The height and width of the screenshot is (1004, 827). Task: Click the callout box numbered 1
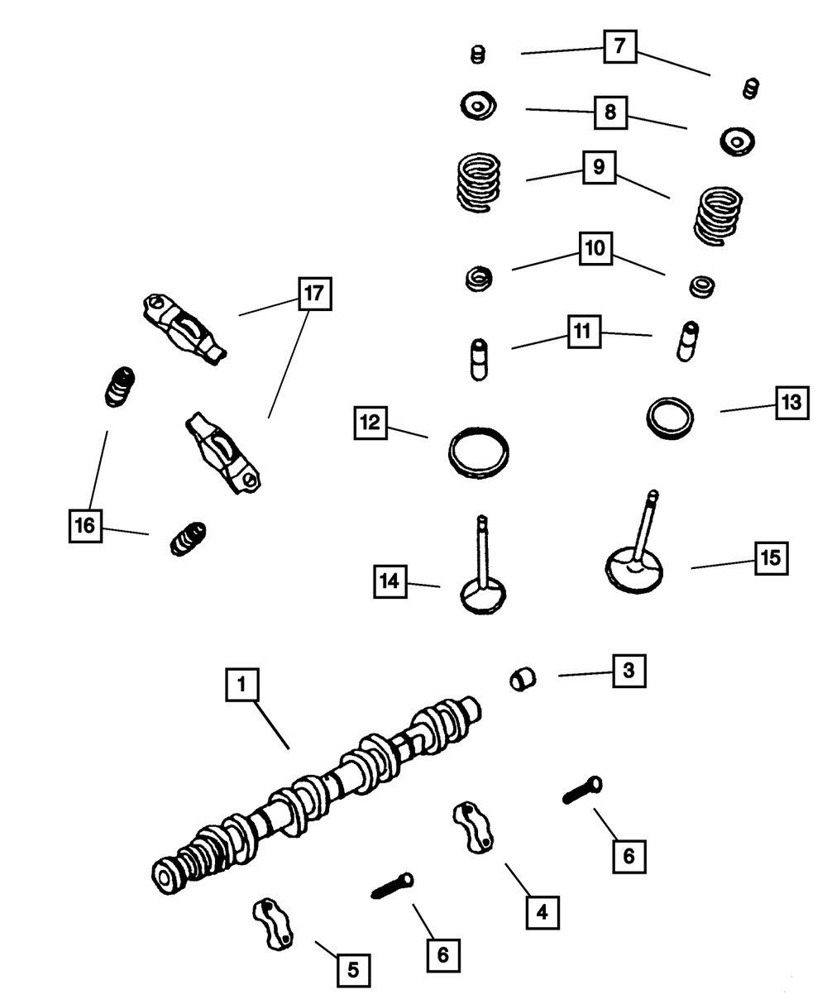click(x=241, y=685)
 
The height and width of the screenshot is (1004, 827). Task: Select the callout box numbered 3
click(x=628, y=671)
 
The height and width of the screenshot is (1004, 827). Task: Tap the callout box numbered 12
click(x=369, y=423)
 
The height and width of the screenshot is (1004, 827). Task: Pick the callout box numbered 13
click(x=791, y=403)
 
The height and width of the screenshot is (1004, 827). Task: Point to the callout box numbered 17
click(x=315, y=293)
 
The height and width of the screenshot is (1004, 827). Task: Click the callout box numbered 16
click(x=85, y=525)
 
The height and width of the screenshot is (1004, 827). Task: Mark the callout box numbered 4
click(x=542, y=912)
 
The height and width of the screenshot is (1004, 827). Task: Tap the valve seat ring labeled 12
click(x=479, y=452)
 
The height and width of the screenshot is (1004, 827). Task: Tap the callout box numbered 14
click(x=390, y=581)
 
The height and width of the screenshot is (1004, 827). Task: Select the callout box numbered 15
click(x=770, y=558)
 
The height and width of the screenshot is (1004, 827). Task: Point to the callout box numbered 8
click(x=610, y=112)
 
